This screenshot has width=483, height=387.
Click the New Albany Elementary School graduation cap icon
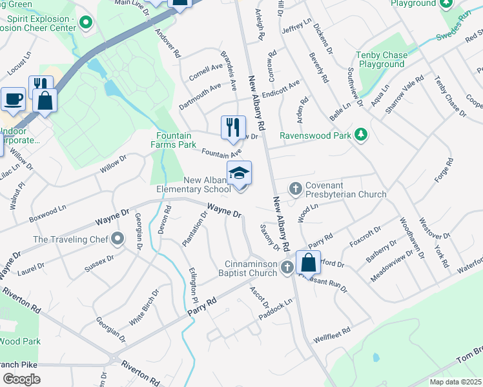click(239, 174)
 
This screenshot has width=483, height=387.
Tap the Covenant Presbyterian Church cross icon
click(296, 188)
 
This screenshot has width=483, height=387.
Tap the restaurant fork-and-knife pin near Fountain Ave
click(233, 127)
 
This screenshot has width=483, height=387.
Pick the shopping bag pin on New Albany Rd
click(309, 263)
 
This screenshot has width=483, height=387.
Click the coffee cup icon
click(14, 99)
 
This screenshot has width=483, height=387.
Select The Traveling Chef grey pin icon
click(117, 239)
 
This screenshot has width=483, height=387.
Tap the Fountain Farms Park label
click(174, 141)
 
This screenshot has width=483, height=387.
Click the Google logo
click(21, 379)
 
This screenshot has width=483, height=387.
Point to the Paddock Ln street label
click(275, 304)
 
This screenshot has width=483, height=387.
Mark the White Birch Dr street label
click(143, 307)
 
